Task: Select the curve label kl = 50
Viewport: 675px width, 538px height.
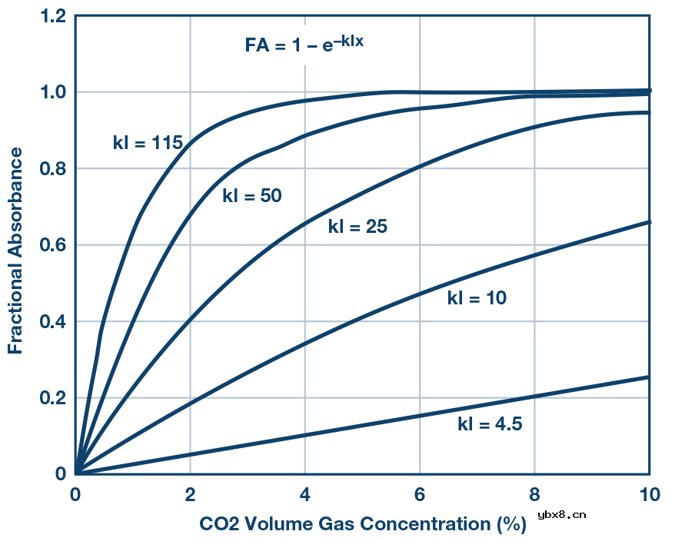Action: (252, 196)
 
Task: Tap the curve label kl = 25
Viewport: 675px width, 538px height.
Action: (357, 227)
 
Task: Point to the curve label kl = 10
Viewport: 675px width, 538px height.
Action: (477, 298)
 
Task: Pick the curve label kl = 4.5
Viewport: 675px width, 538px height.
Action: (490, 423)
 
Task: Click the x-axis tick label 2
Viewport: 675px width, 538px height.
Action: (191, 494)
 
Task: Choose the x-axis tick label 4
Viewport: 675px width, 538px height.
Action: (305, 494)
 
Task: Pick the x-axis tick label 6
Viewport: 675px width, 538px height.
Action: (420, 494)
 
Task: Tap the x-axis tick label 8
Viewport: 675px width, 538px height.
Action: (535, 494)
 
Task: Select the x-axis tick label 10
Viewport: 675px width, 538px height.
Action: (650, 494)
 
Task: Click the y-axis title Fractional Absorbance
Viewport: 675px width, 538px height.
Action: (15, 245)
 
